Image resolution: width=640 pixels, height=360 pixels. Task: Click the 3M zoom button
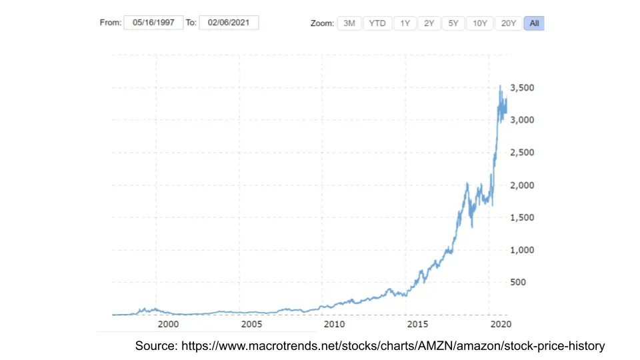coord(349,23)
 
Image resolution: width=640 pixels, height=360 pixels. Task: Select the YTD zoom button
coord(377,23)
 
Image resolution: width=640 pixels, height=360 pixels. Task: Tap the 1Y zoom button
coord(405,23)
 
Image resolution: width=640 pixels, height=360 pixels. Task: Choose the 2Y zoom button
coord(429,23)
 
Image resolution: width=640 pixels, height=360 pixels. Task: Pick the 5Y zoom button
coord(453,23)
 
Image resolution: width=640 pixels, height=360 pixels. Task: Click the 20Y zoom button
coord(509,23)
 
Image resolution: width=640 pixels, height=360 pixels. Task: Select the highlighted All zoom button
coord(534,23)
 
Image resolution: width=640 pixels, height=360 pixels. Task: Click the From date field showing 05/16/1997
coord(153,23)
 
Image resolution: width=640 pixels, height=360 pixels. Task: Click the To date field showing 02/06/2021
coord(229,23)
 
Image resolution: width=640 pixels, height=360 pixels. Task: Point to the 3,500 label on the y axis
coord(521,87)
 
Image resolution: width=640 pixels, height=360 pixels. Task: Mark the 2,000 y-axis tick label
coord(521,185)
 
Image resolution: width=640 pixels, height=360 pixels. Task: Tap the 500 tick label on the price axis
coord(518,282)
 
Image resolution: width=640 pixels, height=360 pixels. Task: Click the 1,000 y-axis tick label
coord(521,250)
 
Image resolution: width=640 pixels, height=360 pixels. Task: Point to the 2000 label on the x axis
coord(168,324)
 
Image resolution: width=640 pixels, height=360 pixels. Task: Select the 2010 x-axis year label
coord(334,324)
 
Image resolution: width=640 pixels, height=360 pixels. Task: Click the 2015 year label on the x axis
coord(417,324)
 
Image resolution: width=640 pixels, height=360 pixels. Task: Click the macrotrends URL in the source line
coord(393,346)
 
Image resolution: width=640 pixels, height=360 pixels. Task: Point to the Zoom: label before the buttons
coord(322,23)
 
